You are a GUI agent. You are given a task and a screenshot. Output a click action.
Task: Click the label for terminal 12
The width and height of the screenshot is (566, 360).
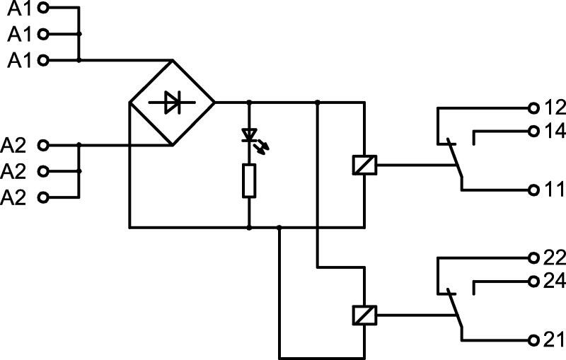555,108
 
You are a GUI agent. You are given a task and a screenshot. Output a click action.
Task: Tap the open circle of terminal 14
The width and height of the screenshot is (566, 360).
533,132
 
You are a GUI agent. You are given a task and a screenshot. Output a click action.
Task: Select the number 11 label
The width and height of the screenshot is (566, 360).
553,190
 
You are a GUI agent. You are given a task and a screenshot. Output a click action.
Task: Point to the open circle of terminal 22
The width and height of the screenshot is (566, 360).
533,258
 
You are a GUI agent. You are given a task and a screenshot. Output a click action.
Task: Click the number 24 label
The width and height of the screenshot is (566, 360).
555,281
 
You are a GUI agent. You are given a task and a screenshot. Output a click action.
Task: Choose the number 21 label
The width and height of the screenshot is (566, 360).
553,339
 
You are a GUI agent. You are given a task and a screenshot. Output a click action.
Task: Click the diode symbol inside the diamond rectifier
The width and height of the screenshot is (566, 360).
172,103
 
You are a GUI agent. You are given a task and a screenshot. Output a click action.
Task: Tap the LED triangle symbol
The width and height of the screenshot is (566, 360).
249,134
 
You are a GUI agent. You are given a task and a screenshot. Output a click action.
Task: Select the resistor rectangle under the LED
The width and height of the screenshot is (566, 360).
249,181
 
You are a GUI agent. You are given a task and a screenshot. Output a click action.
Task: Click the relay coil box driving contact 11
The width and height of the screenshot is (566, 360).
364,166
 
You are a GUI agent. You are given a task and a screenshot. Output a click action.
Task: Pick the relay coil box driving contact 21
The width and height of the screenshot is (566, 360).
364,315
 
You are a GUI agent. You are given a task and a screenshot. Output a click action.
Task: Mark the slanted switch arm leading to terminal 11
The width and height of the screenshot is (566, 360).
455,158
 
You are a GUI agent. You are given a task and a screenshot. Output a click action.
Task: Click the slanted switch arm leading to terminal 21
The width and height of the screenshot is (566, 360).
455,308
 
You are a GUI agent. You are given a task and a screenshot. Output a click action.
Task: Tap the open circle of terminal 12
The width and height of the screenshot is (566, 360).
533,108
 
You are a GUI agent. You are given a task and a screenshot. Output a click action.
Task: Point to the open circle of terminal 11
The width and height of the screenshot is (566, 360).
533,190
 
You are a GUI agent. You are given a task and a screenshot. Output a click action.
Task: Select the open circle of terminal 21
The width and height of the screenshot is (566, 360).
533,340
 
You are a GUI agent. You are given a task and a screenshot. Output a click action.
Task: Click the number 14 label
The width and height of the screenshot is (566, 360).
555,132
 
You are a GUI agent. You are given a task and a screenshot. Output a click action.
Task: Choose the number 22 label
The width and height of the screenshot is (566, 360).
555,258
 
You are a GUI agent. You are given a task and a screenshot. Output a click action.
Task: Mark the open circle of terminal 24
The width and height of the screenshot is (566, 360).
533,281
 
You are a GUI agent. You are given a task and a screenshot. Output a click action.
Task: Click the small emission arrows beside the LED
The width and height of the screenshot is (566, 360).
262,147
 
